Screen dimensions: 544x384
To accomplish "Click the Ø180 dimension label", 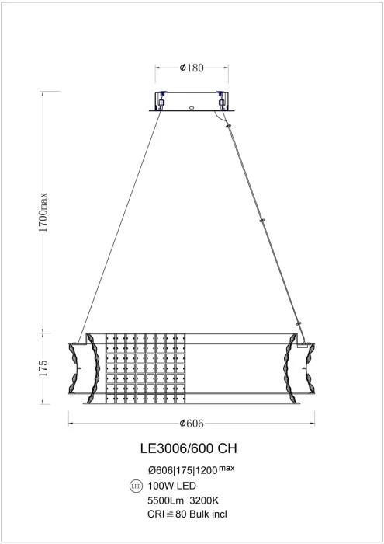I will pos(192,68).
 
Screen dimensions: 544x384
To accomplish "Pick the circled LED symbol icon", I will pos(133,487).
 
